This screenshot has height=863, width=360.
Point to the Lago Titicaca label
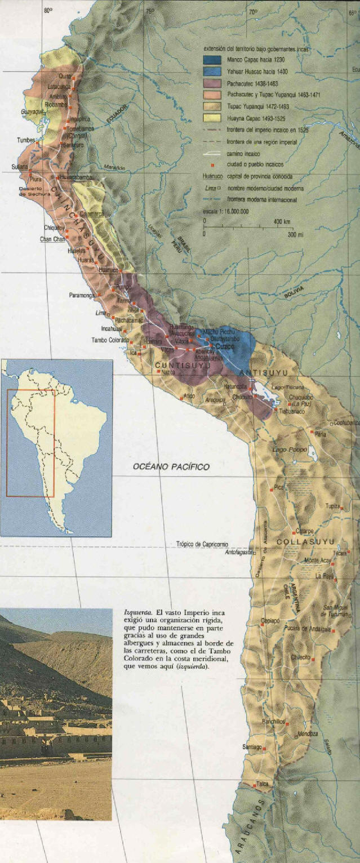(x=287, y=388)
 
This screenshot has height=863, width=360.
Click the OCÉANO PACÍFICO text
(x=171, y=466)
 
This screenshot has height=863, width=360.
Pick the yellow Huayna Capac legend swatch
(x=212, y=118)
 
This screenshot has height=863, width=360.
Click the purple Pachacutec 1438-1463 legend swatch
(x=212, y=83)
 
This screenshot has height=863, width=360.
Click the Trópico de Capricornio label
(x=202, y=544)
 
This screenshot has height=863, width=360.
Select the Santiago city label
(x=252, y=747)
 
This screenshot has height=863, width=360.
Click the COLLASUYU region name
(x=306, y=542)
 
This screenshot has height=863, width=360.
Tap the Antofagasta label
(x=239, y=553)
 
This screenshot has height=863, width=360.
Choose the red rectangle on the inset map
(x=30, y=443)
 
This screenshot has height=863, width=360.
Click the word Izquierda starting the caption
(x=137, y=611)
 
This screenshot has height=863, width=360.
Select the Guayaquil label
(x=33, y=112)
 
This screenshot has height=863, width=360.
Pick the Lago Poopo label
(x=290, y=450)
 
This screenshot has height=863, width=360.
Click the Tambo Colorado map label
(x=110, y=340)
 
